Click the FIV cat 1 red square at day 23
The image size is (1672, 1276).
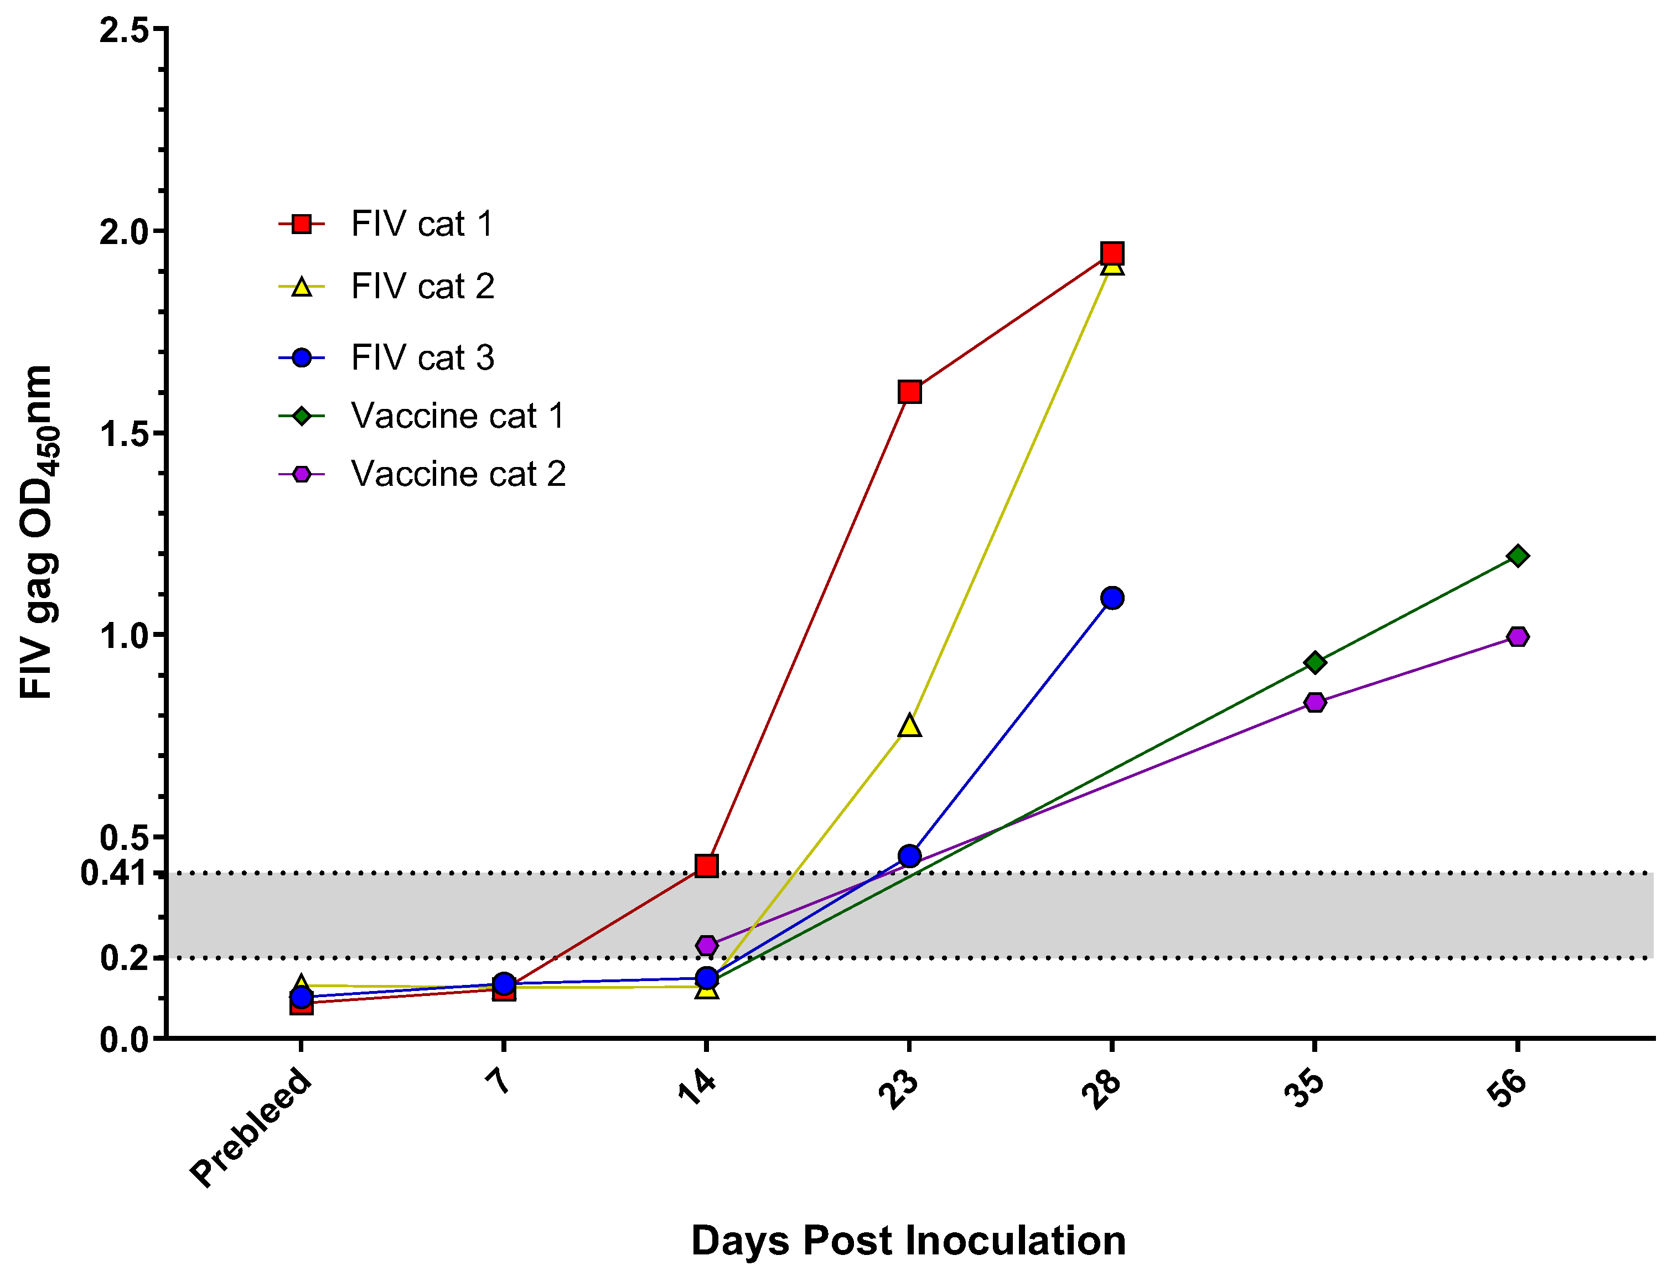[909, 392]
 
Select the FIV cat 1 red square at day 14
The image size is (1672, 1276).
[706, 866]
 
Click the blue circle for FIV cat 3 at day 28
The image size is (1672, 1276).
[1112, 598]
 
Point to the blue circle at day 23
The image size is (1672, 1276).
[909, 856]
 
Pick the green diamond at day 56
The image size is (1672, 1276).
[1518, 556]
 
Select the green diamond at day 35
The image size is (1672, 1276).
[1315, 662]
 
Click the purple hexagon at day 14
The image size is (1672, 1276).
[706, 946]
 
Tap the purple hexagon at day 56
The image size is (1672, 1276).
[1518, 636]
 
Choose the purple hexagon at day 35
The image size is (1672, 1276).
[1315, 702]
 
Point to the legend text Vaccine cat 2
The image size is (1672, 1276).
[458, 474]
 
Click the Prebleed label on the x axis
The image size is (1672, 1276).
[251, 1127]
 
